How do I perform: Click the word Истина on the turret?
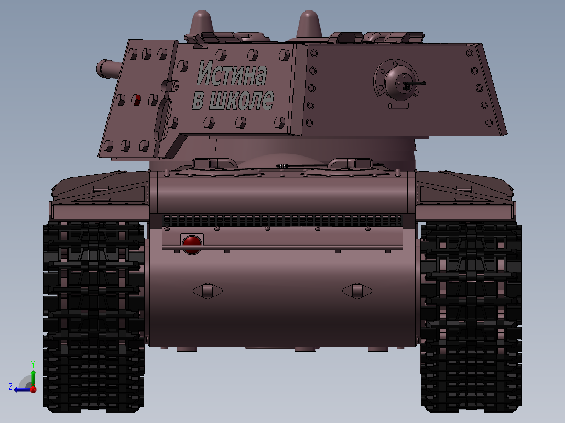click(x=231, y=74)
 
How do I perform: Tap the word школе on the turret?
click(x=241, y=99)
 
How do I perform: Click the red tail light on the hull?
click(x=192, y=243)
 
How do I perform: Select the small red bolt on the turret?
click(x=137, y=99)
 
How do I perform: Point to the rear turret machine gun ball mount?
click(x=398, y=81)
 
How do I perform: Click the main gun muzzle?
click(x=104, y=69)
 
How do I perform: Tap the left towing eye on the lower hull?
click(x=208, y=291)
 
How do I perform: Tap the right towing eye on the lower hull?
click(x=357, y=291)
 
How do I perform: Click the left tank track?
click(x=93, y=314)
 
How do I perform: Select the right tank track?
click(x=471, y=314)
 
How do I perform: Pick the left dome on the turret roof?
click(x=202, y=23)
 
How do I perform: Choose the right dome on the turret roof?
click(x=309, y=23)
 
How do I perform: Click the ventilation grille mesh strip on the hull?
click(x=283, y=220)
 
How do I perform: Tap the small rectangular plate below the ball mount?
click(x=398, y=106)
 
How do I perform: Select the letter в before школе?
click(x=198, y=101)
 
